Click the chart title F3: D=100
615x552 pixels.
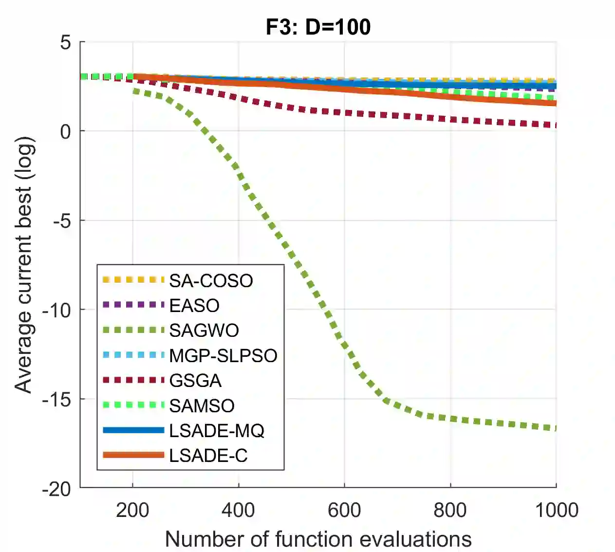318,27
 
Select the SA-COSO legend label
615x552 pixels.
211,281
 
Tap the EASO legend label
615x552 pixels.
194,306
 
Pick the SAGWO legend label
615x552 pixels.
204,331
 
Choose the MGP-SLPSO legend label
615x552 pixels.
223,356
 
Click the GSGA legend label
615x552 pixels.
195,381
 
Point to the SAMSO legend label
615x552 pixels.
202,405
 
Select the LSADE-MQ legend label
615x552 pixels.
217,431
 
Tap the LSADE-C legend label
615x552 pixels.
208,456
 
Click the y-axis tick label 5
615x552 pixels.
66,42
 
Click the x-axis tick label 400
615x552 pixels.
238,510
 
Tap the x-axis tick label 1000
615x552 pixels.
556,510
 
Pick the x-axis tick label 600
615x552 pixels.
344,510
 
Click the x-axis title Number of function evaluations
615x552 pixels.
318,539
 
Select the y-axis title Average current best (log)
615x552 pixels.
23,264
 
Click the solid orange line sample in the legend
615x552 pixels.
133,455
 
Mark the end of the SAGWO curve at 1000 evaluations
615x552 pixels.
555,428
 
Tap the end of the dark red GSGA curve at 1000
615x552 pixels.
555,125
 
